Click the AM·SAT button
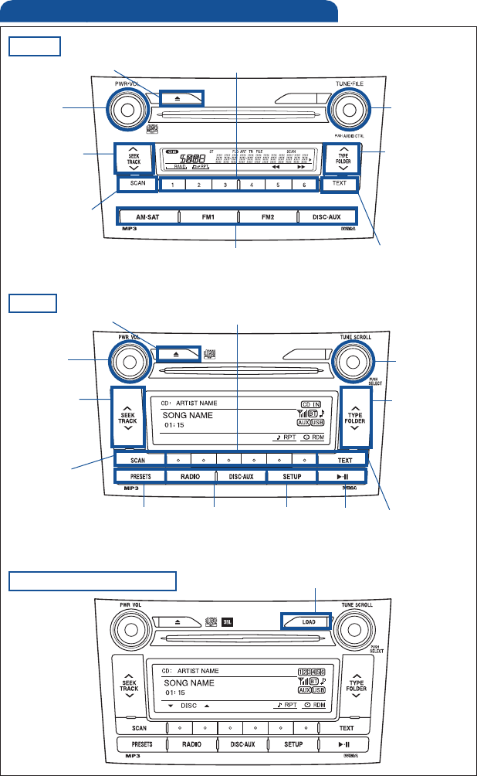(147, 216)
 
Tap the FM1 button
(208, 216)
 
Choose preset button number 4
(252, 185)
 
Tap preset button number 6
(304, 185)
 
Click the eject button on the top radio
(181, 97)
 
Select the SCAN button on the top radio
(137, 184)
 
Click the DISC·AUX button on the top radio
(328, 216)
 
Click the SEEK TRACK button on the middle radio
(127, 416)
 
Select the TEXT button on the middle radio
(345, 459)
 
